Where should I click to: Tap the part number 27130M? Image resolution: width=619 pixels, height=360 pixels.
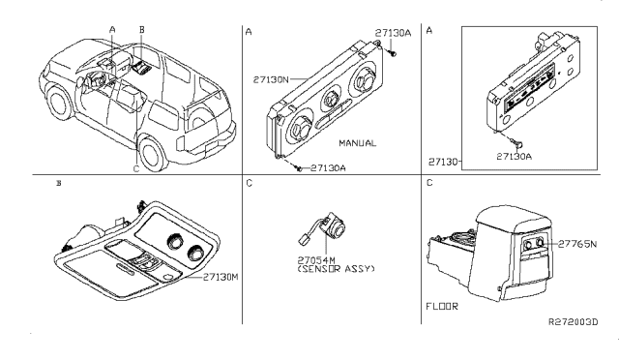point(221,277)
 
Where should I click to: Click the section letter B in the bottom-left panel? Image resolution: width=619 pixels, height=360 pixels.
point(60,183)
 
